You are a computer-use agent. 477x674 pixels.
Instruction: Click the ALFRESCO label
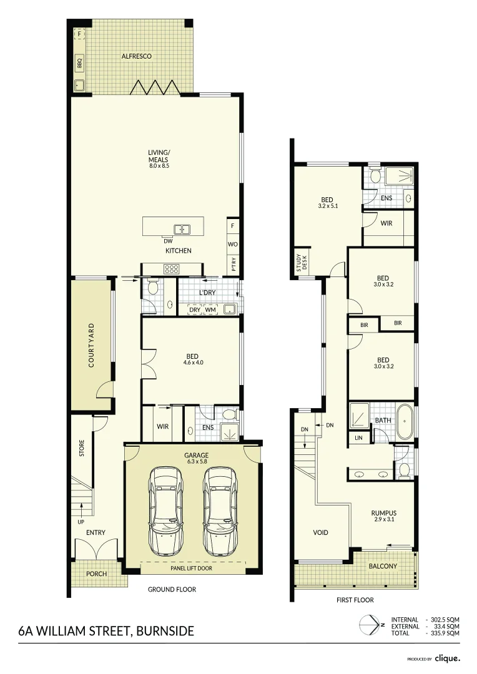coord(136,56)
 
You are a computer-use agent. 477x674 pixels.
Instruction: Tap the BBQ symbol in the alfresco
coord(79,62)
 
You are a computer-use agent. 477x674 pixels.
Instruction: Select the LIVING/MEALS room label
coord(159,159)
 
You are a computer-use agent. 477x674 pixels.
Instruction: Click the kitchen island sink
coord(182,228)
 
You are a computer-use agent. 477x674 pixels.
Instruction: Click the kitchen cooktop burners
coord(171,269)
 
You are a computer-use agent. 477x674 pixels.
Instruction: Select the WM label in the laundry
coord(210,310)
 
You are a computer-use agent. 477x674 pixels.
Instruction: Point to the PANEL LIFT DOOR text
coord(192,569)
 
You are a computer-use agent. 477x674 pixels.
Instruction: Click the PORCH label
coord(96,574)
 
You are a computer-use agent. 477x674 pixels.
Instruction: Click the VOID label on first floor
coord(320,532)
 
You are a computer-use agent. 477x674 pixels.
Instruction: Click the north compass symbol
coord(368,625)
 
